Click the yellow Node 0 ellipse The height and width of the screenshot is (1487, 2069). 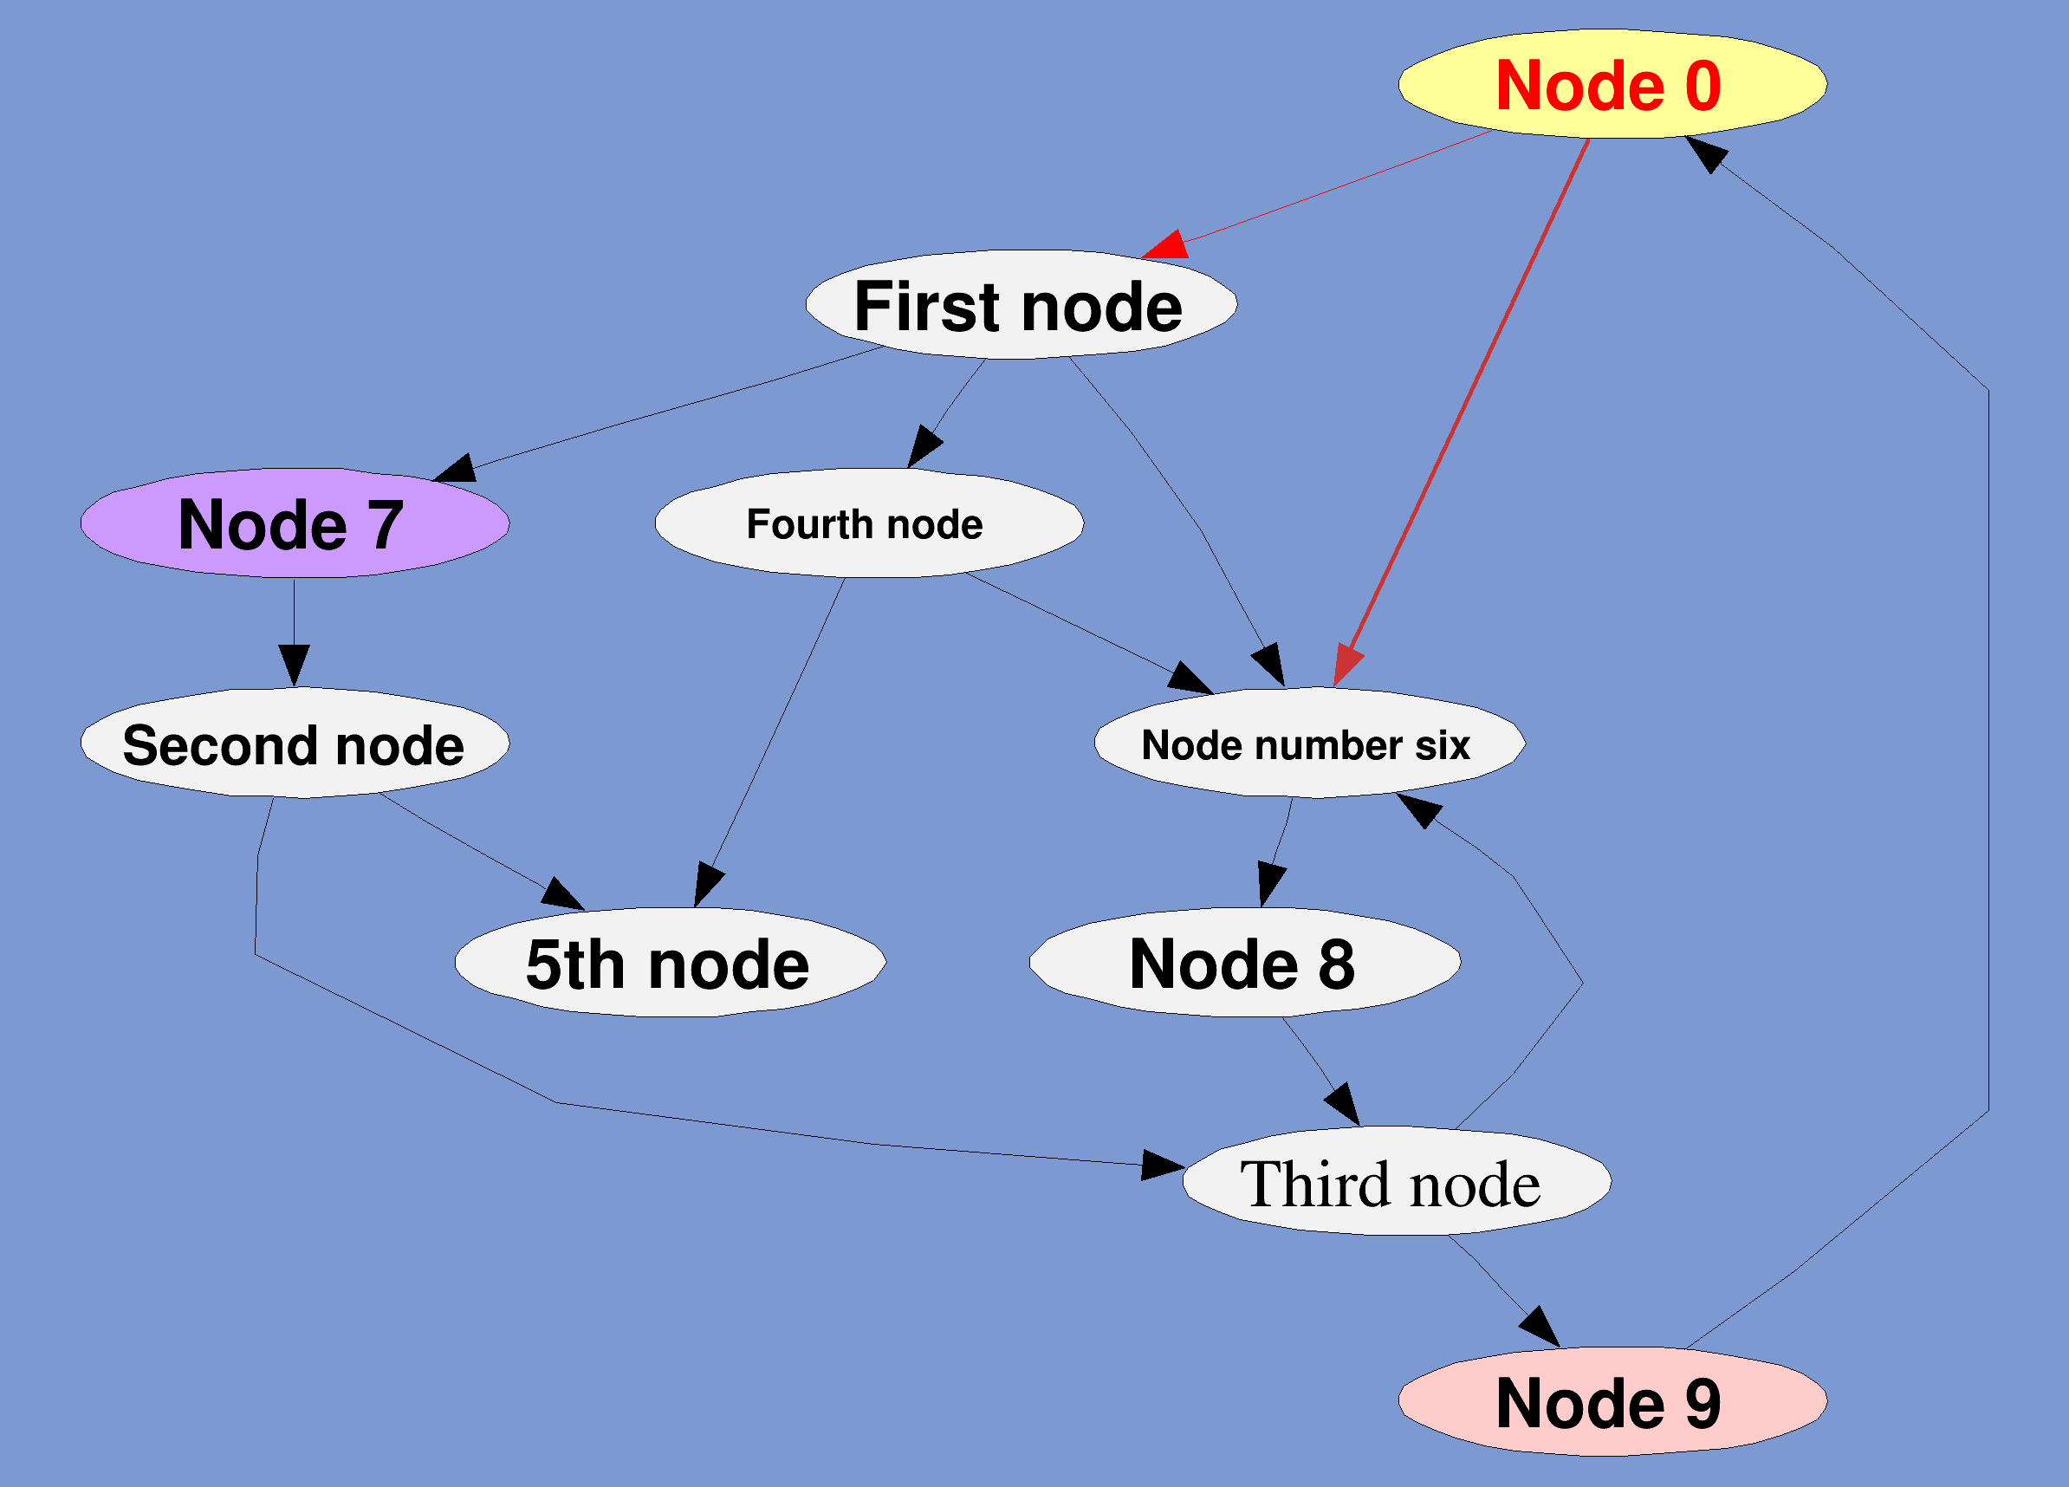pyautogui.click(x=1612, y=84)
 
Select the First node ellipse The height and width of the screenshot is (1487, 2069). pyautogui.click(x=1021, y=305)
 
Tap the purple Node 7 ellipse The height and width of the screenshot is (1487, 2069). pyautogui.click(x=295, y=523)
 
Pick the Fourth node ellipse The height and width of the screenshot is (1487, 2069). pyautogui.click(x=868, y=523)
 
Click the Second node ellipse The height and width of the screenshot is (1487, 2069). pyautogui.click(x=295, y=743)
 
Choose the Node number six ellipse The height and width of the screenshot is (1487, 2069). pyautogui.click(x=1309, y=743)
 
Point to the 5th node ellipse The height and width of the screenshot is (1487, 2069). pyautogui.click(x=670, y=964)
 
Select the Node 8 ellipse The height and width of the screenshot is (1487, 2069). pyautogui.click(x=1244, y=964)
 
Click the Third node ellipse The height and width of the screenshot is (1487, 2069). pyautogui.click(x=1396, y=1183)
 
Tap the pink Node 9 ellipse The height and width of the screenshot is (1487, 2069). pyautogui.click(x=1612, y=1402)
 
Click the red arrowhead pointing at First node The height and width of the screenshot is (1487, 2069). pyautogui.click(x=1168, y=246)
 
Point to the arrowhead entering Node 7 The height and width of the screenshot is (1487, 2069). pyautogui.click(x=455, y=469)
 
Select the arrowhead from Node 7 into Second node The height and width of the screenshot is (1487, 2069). pyautogui.click(x=294, y=663)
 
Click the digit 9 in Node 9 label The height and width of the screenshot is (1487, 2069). pyautogui.click(x=1703, y=1403)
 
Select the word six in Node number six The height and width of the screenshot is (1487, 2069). pyautogui.click(x=1443, y=745)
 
